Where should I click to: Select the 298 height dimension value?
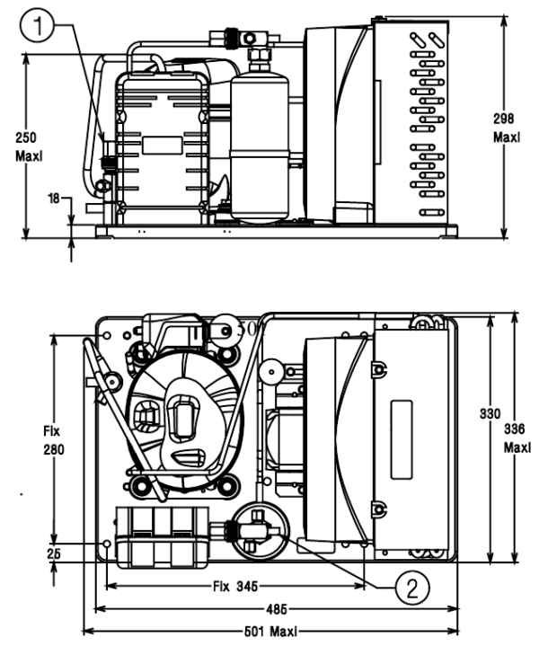(x=508, y=119)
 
